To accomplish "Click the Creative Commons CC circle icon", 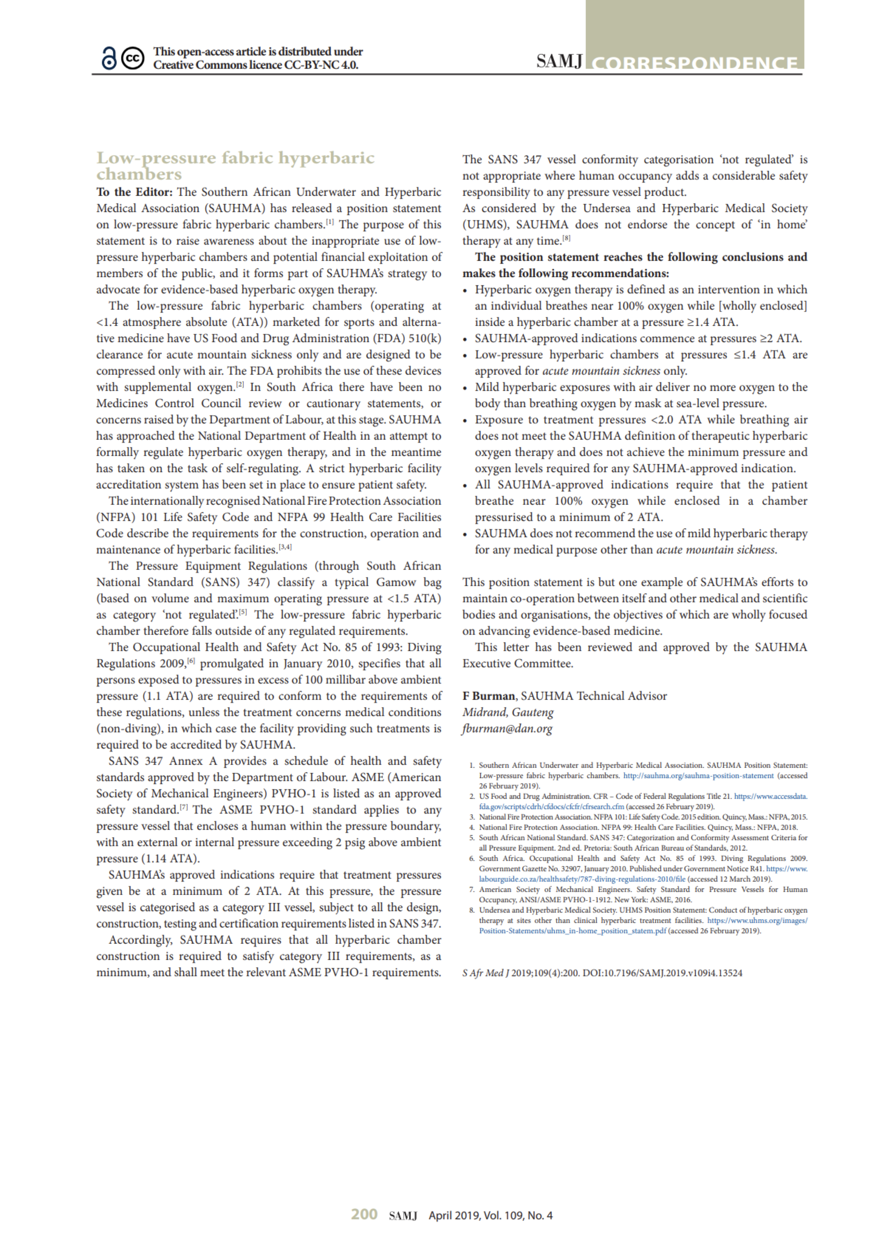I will pyautogui.click(x=132, y=58).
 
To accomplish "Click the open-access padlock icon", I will pyautogui.click(x=109, y=58).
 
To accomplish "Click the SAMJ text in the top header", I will pyautogui.click(x=559, y=61).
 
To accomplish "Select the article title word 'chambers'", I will pyautogui.click(x=138, y=174).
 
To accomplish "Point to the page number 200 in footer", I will pyautogui.click(x=364, y=1214).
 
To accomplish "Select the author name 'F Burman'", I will pyautogui.click(x=489, y=696).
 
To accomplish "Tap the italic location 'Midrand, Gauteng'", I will pyautogui.click(x=508, y=712).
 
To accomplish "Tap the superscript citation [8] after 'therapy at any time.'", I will pyautogui.click(x=567, y=238).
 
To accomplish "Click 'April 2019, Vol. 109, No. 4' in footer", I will pyautogui.click(x=490, y=1215).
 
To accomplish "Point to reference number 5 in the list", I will pyautogui.click(x=472, y=838).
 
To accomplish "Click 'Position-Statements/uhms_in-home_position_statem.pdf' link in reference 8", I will pyautogui.click(x=573, y=931).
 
